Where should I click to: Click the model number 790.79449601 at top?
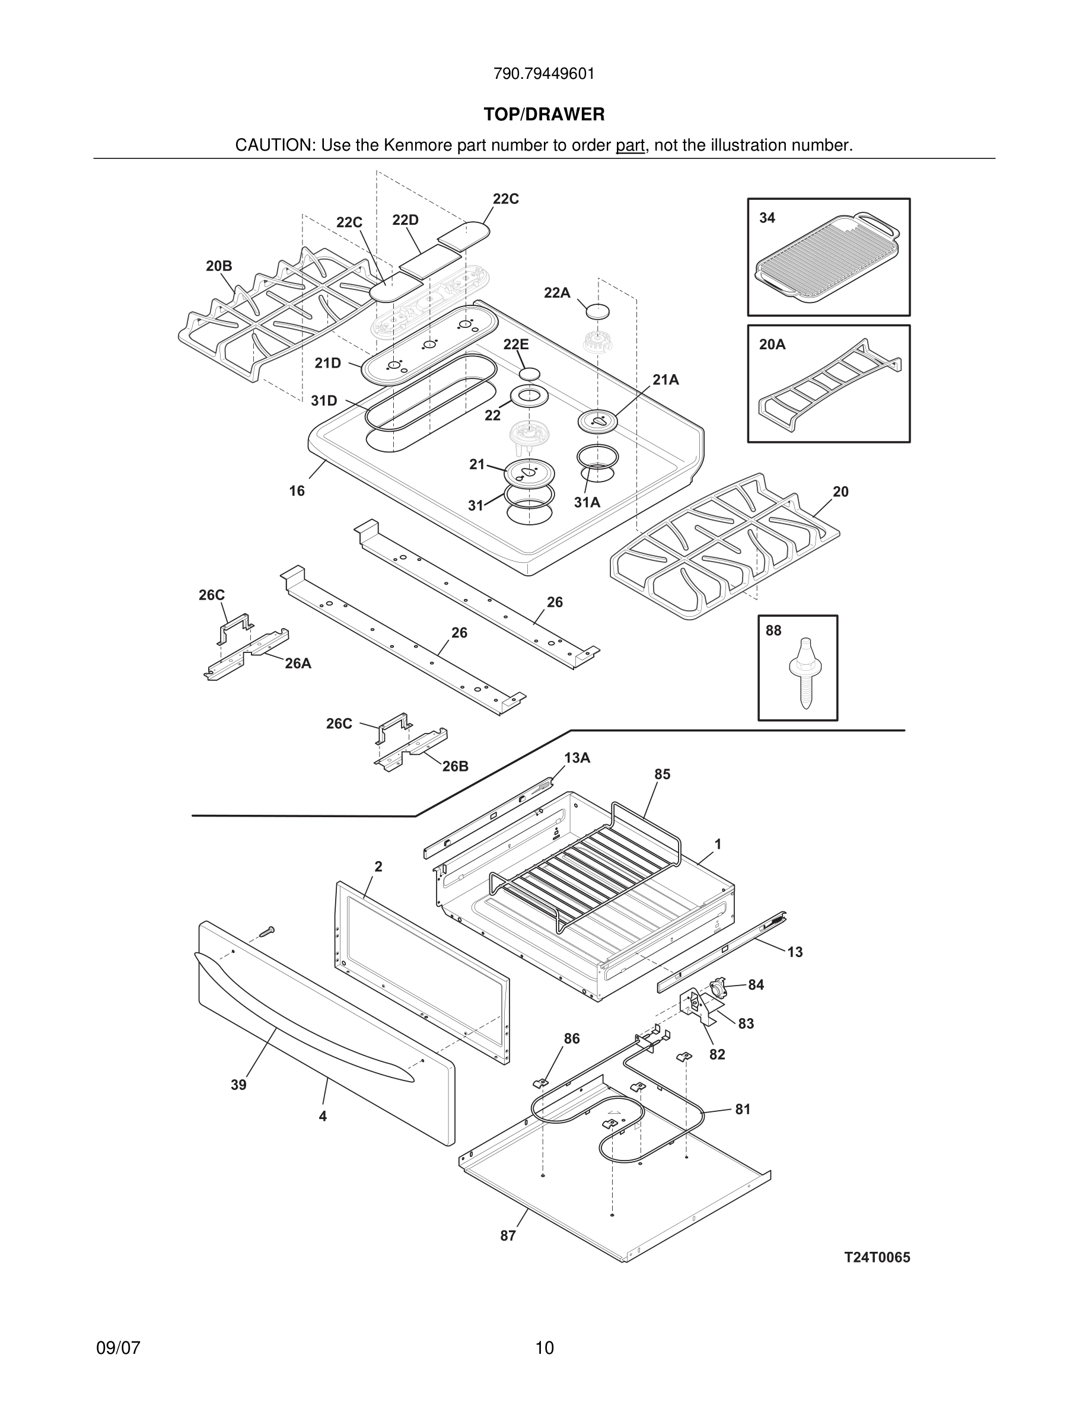[544, 74]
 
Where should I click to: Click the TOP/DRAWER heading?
[544, 115]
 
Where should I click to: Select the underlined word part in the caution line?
[630, 146]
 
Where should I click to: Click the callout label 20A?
[772, 345]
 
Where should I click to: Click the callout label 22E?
[516, 345]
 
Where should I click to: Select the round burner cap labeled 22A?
[597, 310]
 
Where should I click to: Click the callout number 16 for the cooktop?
[297, 491]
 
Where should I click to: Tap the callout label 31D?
[324, 401]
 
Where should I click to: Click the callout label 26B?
[455, 766]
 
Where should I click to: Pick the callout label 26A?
[298, 663]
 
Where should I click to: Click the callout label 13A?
[577, 758]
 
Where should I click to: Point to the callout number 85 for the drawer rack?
[662, 774]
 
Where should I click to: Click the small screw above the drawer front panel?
[267, 931]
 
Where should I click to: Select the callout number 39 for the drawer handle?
[238, 1085]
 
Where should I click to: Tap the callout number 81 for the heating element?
[743, 1109]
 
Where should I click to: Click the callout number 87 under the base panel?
[508, 1235]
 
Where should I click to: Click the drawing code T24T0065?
[877, 1257]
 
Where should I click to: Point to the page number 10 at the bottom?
[544, 1348]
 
